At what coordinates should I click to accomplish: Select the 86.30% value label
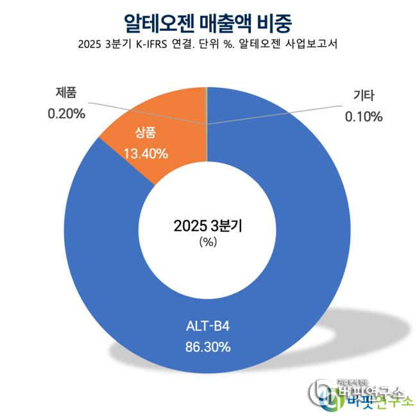[x=207, y=348]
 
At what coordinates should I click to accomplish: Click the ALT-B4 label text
[x=207, y=327]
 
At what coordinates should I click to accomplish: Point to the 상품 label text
[x=146, y=133]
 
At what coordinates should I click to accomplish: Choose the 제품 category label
[x=66, y=94]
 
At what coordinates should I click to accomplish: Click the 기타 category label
[x=364, y=96]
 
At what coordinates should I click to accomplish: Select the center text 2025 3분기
[x=207, y=226]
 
